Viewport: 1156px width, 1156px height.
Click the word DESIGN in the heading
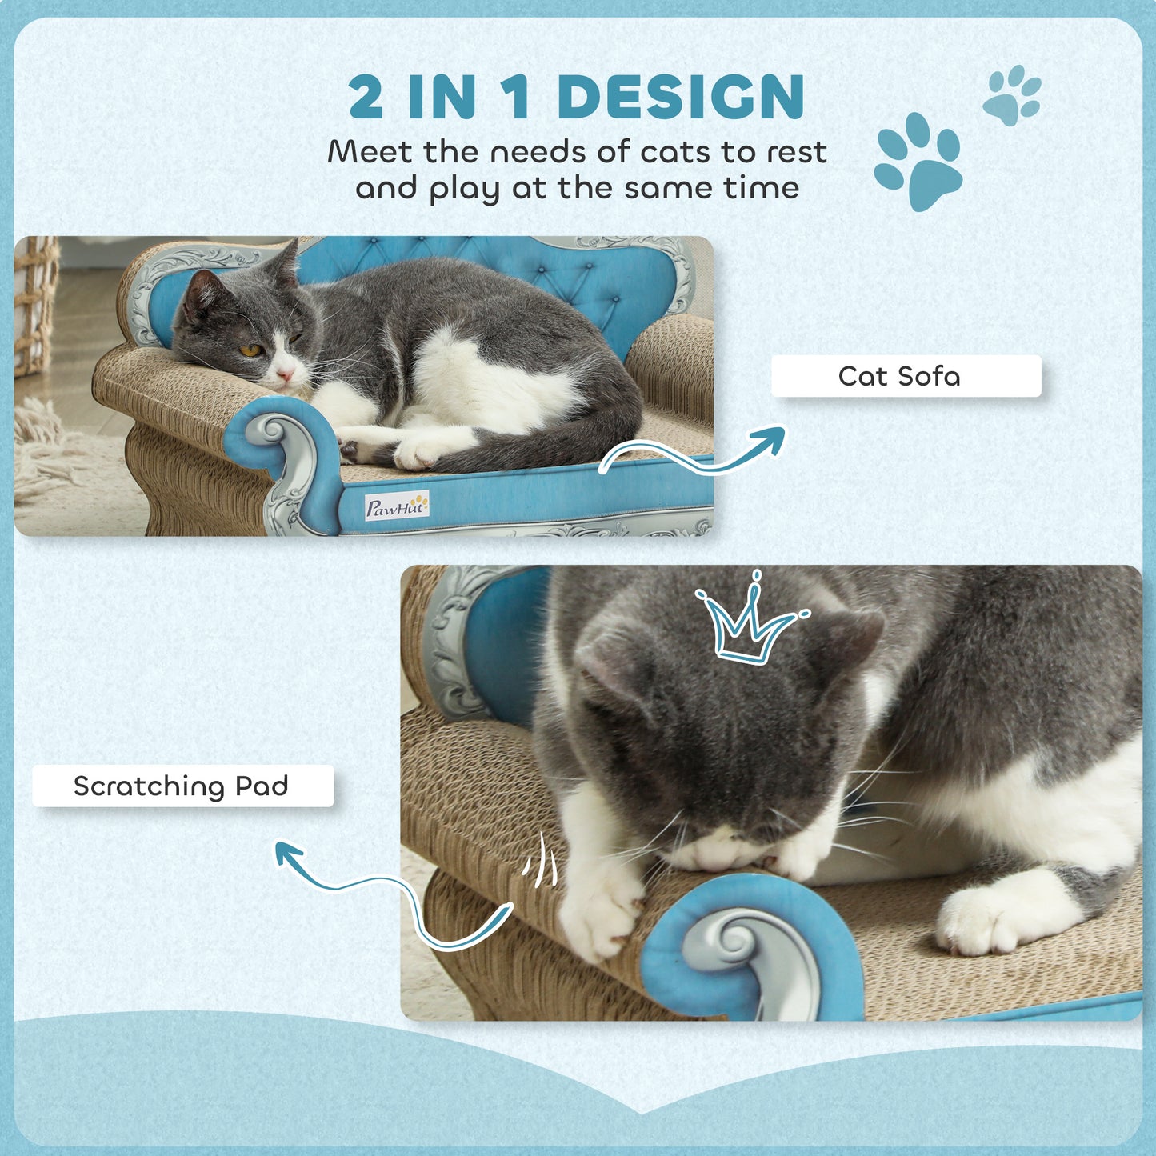(681, 98)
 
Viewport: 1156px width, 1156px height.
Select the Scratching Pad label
(182, 786)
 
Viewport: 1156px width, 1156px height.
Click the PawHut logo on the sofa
(397, 506)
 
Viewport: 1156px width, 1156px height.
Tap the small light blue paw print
(1012, 95)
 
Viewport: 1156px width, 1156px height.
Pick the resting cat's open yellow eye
(250, 350)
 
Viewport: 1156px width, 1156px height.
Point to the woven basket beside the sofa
(34, 305)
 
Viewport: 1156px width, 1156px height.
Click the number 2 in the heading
(366, 98)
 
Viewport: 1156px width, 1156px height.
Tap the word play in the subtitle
(462, 190)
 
